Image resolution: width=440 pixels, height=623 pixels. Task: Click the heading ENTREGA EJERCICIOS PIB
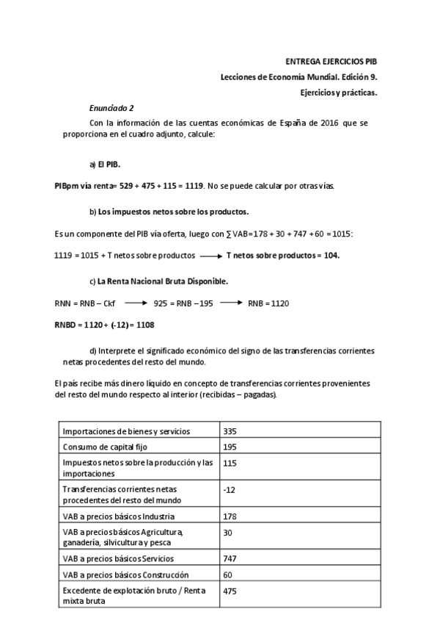tap(331, 63)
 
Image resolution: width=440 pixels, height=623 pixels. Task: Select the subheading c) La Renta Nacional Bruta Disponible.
tap(159, 281)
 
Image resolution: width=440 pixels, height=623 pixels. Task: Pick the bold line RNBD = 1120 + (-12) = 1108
tap(104, 324)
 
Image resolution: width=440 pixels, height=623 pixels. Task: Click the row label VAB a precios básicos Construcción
tap(125, 575)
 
